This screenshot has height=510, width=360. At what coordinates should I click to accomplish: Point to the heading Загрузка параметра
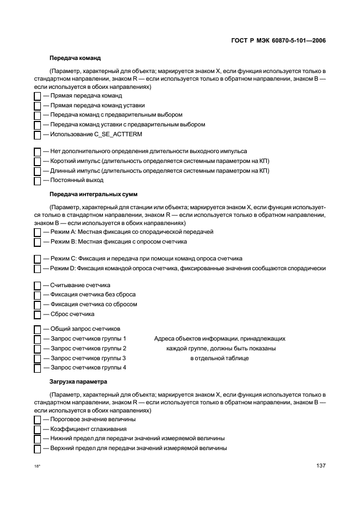tap(78, 381)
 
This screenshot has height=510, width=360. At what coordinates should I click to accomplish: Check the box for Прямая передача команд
tap(38, 96)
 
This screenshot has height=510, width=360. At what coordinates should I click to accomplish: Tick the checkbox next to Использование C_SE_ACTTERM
tap(38, 135)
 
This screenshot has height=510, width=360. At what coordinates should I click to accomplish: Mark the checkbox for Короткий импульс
tap(38, 161)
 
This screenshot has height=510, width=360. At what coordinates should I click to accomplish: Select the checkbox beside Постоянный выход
tap(38, 180)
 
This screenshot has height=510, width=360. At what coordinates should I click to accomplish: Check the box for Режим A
tap(38, 232)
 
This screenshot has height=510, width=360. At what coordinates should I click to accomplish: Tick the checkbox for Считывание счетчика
tap(38, 286)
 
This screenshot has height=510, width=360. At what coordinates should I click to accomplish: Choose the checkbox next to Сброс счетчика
tap(38, 314)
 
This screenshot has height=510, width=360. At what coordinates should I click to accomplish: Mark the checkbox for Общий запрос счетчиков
tap(38, 329)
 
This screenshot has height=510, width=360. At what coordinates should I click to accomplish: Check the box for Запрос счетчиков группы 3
tap(38, 359)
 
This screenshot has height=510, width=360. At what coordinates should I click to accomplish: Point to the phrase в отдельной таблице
tap(219, 358)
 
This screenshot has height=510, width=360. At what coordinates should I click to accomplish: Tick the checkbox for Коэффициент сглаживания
tap(38, 429)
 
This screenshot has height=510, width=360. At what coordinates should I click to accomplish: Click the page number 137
tap(321, 466)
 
